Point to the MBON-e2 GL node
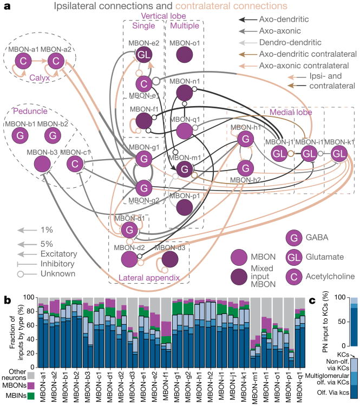(143, 56)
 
